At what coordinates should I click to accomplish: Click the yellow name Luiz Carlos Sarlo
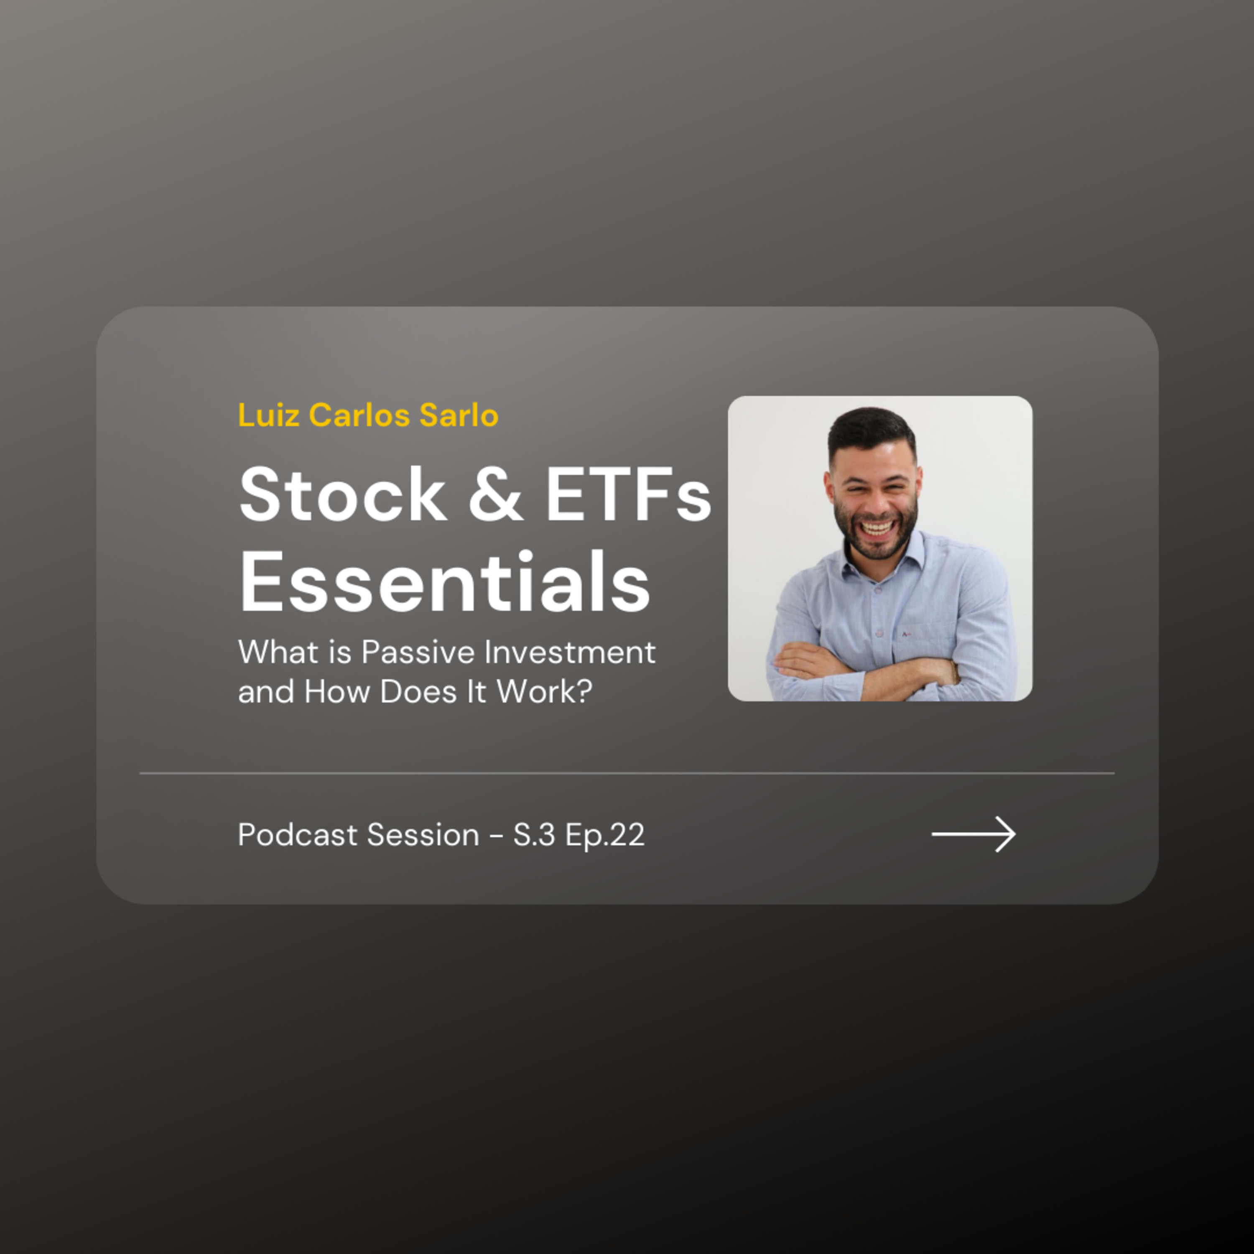[x=368, y=415]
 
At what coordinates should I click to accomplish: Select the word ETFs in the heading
[x=628, y=494]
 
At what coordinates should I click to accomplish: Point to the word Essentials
[x=445, y=581]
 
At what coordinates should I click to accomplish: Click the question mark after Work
[x=584, y=691]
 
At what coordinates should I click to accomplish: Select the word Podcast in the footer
[x=297, y=835]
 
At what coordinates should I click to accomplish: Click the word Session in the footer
[x=423, y=835]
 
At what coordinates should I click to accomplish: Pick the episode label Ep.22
[x=605, y=835]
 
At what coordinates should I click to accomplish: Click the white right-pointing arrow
[x=974, y=834]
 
